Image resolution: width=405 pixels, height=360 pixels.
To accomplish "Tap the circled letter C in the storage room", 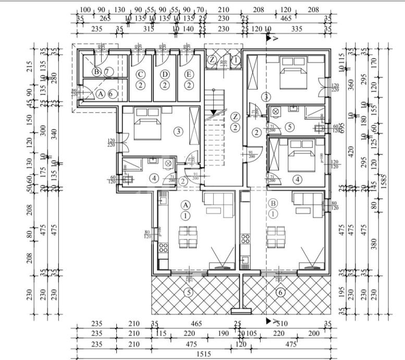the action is tap(140, 74).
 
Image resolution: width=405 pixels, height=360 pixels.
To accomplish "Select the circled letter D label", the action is tap(165, 74).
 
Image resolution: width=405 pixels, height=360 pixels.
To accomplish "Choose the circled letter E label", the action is tap(188, 74).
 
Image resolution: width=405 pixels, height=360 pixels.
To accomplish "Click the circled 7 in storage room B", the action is tap(107, 71).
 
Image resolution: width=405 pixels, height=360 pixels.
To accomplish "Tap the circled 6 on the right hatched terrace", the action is tap(280, 293).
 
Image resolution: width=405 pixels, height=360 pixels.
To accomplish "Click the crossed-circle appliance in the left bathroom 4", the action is tap(168, 164).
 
